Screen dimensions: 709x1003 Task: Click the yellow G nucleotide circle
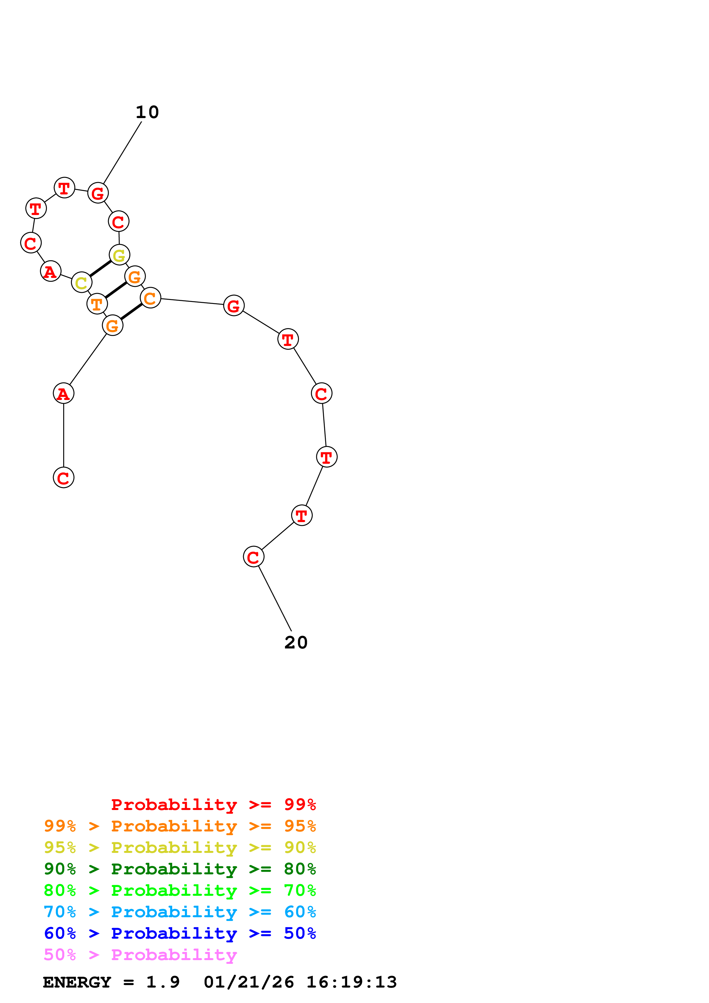119,255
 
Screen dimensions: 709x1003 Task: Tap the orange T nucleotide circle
97,304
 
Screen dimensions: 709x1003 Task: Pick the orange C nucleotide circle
150,298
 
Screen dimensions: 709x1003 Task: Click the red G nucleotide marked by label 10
98,193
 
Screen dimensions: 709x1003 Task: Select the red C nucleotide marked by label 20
253,557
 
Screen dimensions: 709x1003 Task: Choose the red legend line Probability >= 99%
213,805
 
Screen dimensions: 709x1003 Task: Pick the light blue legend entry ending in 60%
180,912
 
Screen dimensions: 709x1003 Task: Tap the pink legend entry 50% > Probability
140,954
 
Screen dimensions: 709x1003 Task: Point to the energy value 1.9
162,982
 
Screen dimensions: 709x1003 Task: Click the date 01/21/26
249,982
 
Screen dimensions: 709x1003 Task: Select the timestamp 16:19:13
351,982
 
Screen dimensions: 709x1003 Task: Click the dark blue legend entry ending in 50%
180,933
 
